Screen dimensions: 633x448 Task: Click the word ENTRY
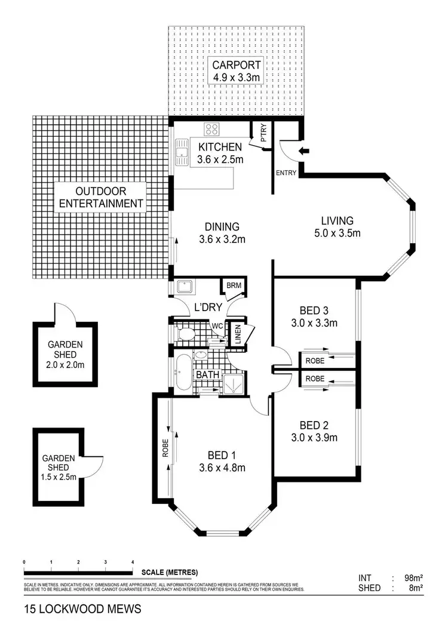pos(286,173)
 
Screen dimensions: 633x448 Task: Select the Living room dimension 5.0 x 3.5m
pos(338,233)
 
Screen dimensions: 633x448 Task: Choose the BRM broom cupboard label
pos(232,285)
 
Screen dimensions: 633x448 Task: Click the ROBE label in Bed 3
pos(315,361)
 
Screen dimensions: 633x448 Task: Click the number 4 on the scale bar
pos(133,562)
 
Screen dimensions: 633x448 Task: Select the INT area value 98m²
pos(413,577)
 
